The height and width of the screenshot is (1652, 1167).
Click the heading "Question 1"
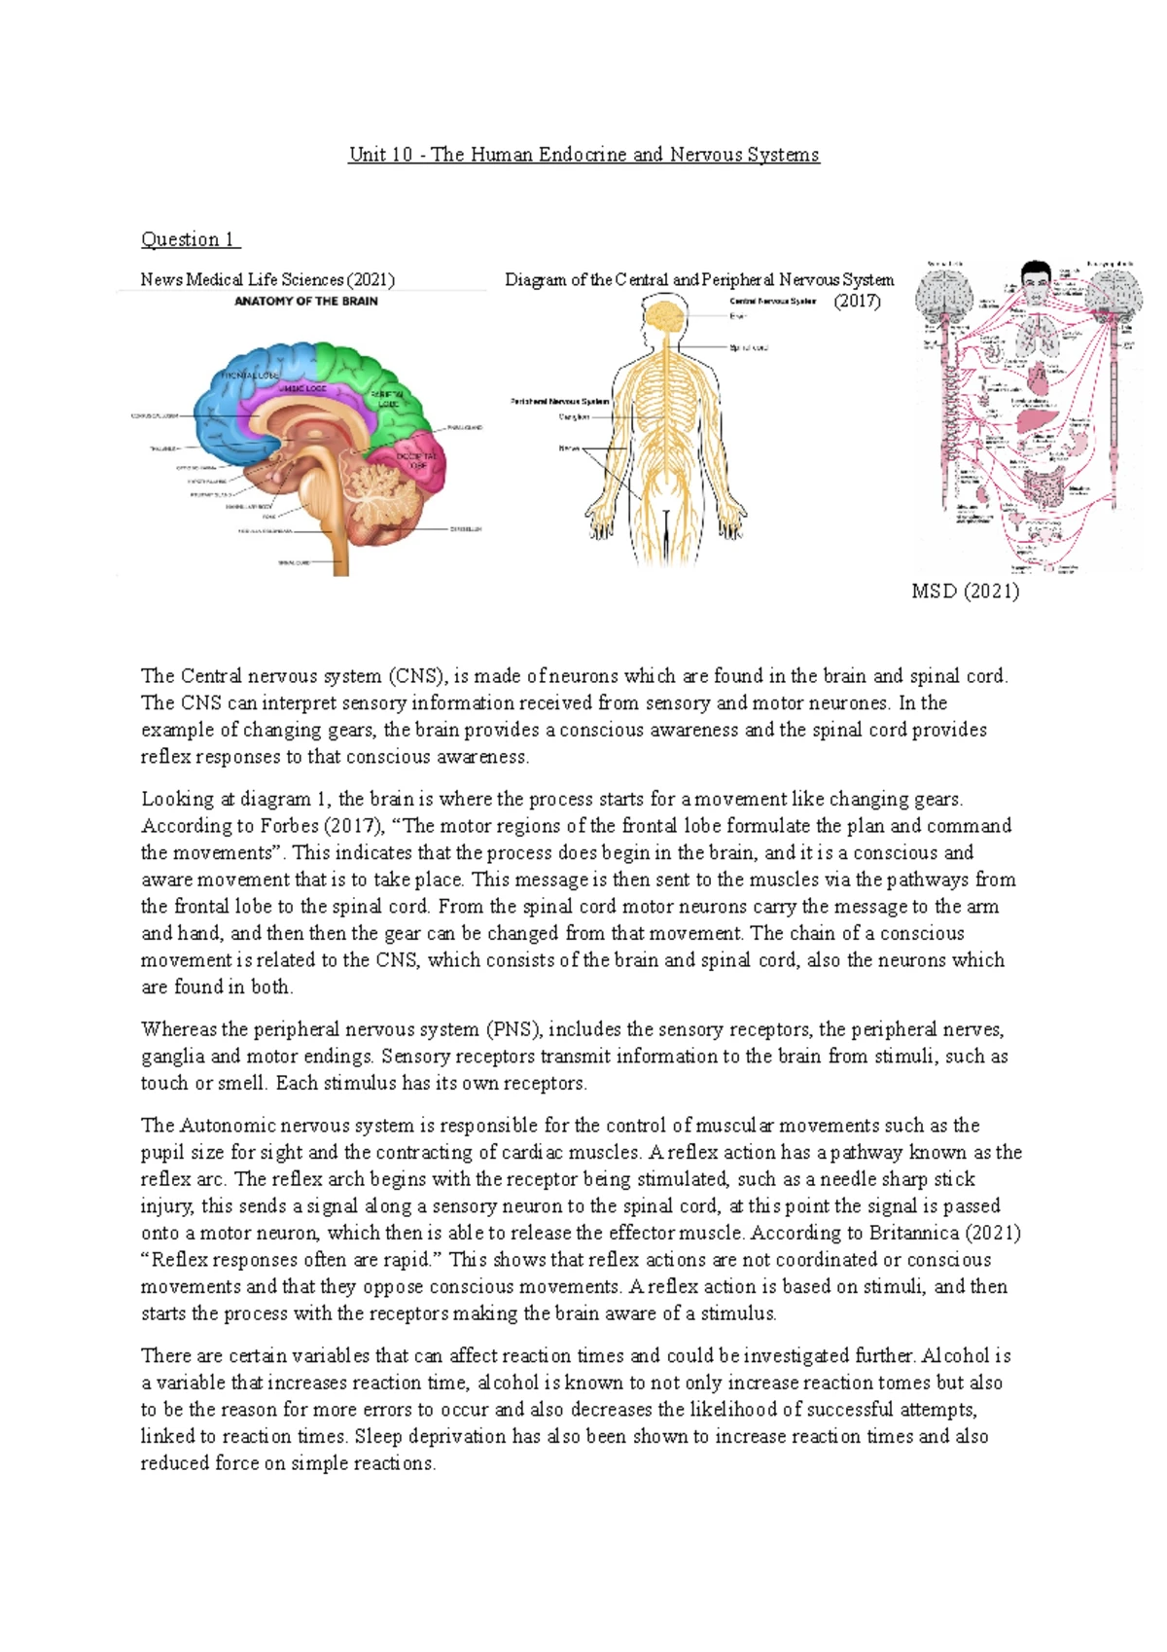(x=190, y=239)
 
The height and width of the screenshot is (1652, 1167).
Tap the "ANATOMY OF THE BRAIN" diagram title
(x=306, y=302)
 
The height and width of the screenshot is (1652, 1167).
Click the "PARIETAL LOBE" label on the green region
(x=387, y=398)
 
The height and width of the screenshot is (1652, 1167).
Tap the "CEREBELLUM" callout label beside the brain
(x=465, y=529)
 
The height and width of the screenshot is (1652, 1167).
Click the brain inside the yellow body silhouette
(x=666, y=315)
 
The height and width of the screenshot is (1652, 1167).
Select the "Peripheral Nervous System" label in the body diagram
(x=559, y=401)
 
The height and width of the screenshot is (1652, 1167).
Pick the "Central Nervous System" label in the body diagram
(x=772, y=302)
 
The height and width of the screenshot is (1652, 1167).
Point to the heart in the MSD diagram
(x=1038, y=376)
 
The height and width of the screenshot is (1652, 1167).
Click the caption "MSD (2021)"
(x=965, y=591)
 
